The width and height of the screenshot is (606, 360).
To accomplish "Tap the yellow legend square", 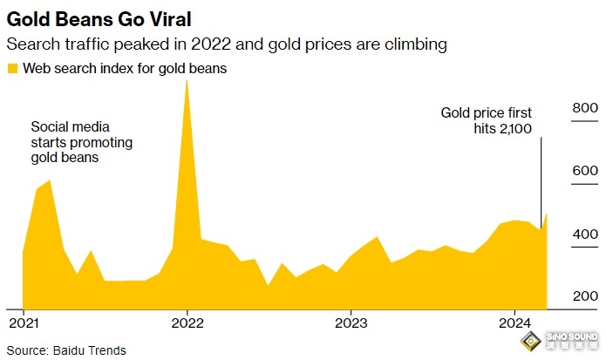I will (11, 69).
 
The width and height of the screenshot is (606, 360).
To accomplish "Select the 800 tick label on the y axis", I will (583, 107).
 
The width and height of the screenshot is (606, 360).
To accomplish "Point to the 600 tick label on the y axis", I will (583, 171).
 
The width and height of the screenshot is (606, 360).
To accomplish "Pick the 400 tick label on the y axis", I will (583, 234).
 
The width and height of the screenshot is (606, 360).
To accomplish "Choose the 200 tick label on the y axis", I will (583, 297).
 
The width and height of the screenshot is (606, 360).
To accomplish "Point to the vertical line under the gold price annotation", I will (542, 183).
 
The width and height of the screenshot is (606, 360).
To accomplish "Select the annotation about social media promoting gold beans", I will (77, 142).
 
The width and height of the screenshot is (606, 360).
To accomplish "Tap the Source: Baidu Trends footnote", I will (66, 350).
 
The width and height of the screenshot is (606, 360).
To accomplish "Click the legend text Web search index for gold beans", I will (125, 69).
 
